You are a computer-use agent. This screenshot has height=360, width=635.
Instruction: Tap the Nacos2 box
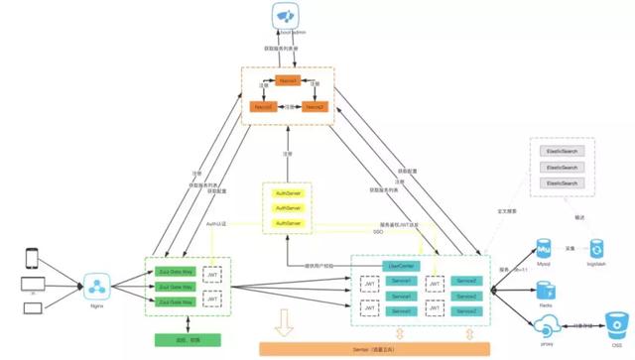point(316,106)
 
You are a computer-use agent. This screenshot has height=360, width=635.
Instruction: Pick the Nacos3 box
point(263,106)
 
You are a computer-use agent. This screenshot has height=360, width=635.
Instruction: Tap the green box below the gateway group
point(180,339)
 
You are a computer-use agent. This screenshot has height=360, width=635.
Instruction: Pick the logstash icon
point(596,248)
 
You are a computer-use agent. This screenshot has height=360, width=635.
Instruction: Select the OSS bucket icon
point(617,324)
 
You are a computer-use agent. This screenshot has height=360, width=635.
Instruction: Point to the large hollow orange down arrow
point(282,322)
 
